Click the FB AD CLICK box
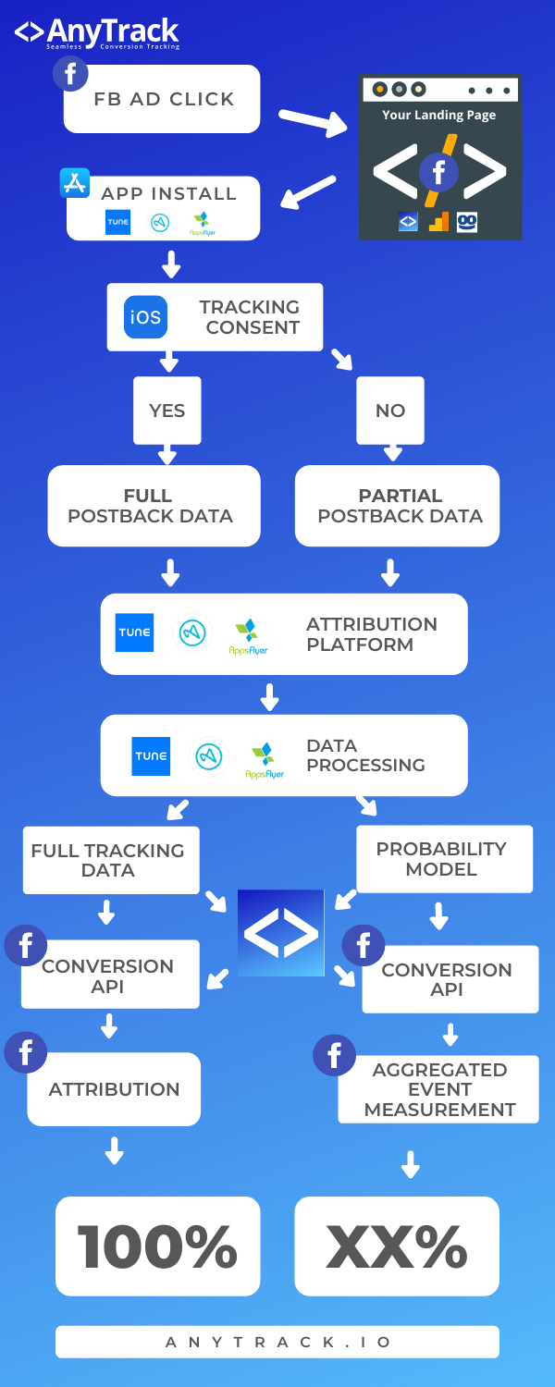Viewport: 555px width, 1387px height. pos(163,99)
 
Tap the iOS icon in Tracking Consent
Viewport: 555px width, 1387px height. pos(145,317)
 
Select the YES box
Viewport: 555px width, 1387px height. pos(166,411)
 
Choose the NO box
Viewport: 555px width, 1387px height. pos(389,411)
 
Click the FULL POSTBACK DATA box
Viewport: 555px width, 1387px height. pos(154,505)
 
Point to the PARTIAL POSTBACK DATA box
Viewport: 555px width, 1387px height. pos(398,505)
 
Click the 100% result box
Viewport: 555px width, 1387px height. pos(157,1246)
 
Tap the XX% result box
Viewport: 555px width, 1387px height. pos(397,1246)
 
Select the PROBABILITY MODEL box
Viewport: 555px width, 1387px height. pos(444,859)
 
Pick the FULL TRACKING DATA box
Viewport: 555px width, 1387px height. pos(110,860)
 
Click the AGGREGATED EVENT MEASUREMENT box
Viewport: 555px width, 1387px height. pos(439,1089)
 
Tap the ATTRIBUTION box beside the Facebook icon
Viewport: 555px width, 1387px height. pos(114,1089)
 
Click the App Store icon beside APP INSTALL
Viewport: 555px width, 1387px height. pos(74,183)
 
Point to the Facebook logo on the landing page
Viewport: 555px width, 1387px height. pos(438,172)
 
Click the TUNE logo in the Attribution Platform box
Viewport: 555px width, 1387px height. pos(134,632)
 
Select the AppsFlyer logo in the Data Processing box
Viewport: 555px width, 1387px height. pos(265,758)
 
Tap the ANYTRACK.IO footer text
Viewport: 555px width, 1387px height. pos(277,1342)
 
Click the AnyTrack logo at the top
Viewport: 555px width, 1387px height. pos(97,33)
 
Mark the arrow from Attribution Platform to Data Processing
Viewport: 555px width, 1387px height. pos(269,696)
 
